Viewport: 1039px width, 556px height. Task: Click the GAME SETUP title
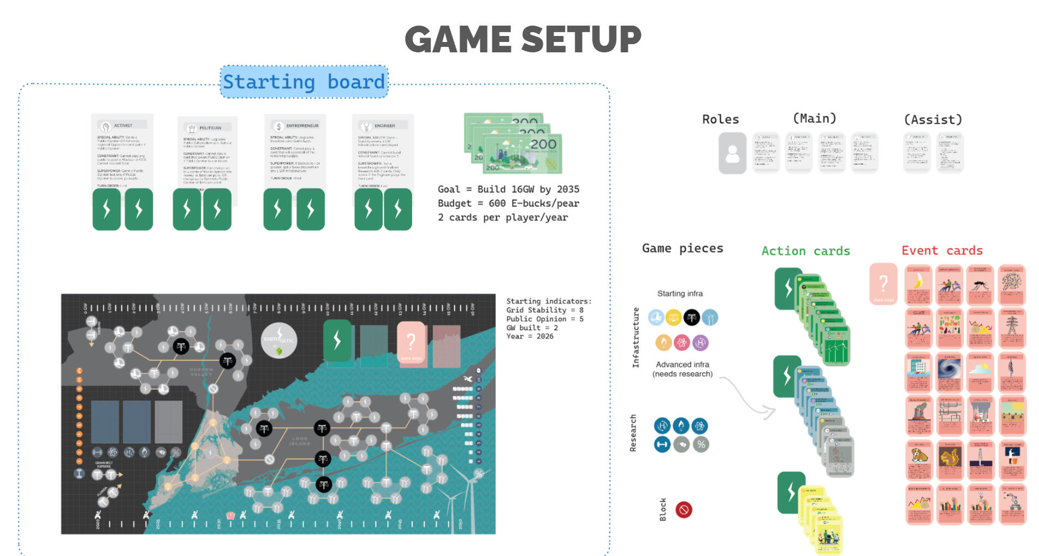[523, 39]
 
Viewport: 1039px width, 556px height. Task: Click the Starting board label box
[304, 82]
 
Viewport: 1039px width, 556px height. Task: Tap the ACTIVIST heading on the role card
[123, 125]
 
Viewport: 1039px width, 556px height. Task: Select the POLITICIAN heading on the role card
[210, 128]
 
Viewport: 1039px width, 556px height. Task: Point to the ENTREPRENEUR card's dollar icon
[279, 126]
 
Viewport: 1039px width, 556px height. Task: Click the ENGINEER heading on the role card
[384, 125]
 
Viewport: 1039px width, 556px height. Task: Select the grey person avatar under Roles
[732, 153]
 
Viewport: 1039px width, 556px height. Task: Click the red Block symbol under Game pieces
[684, 510]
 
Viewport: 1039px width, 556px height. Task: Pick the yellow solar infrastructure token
[674, 317]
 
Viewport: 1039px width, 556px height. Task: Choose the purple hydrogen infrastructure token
[700, 343]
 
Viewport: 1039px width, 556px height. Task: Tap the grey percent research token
[701, 444]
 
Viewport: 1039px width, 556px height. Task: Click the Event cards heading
[941, 251]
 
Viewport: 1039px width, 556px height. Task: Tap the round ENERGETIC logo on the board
[279, 341]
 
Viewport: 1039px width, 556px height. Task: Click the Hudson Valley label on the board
[201, 372]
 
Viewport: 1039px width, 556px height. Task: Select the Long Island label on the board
[299, 441]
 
